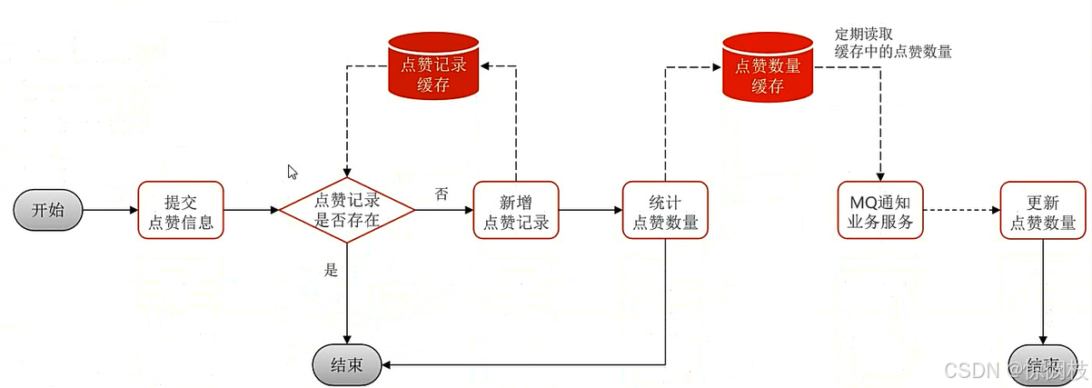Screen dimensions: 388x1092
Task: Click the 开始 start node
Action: pos(48,210)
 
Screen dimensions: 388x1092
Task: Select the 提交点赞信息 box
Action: pos(180,210)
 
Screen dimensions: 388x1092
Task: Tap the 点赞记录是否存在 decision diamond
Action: pos(346,210)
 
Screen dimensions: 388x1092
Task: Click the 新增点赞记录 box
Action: pos(516,210)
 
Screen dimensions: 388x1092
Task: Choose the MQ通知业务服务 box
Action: pos(879,210)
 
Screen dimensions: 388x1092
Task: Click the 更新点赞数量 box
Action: pos(1043,210)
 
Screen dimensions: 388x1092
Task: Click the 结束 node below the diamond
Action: pos(347,365)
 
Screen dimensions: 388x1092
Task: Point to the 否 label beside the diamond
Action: pos(442,194)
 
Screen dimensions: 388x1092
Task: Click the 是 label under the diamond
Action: pos(331,270)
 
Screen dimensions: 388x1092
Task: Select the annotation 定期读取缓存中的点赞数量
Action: pos(892,43)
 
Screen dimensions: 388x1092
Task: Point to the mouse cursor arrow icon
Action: pos(292,171)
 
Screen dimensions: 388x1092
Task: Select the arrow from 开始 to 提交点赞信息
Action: pos(109,210)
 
